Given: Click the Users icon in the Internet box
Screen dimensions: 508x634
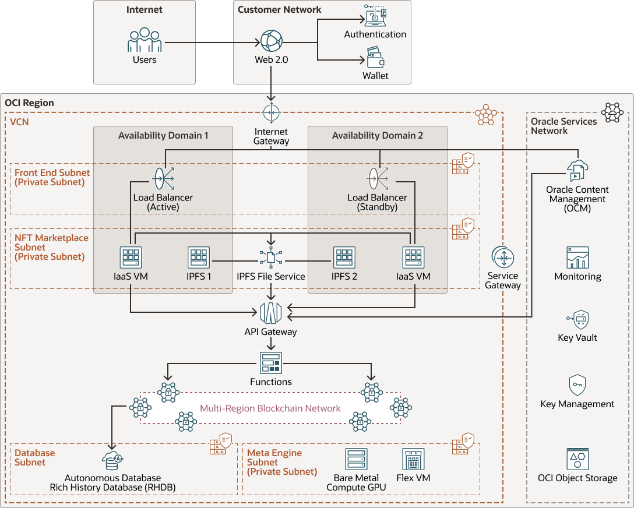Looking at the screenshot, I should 145,41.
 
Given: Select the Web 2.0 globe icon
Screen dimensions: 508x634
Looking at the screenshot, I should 271,42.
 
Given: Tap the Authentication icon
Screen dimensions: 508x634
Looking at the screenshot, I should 375,16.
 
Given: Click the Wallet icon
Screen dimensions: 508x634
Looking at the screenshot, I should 375,59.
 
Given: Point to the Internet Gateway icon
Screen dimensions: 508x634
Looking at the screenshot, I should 271,112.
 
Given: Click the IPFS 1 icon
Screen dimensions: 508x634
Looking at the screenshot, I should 199,257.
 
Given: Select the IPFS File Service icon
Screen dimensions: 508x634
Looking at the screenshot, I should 271,257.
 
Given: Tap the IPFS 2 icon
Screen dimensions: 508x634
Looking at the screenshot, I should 344,257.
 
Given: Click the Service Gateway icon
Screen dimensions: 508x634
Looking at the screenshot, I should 502,257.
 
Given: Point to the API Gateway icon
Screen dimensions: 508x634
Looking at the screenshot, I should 270,313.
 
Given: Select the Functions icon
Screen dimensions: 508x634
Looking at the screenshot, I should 270,363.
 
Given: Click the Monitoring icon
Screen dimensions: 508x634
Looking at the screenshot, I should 577,257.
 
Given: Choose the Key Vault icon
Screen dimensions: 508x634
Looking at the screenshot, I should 577,319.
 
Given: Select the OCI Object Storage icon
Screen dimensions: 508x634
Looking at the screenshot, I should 577,459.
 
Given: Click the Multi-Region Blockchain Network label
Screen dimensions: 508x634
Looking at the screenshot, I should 270,408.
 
